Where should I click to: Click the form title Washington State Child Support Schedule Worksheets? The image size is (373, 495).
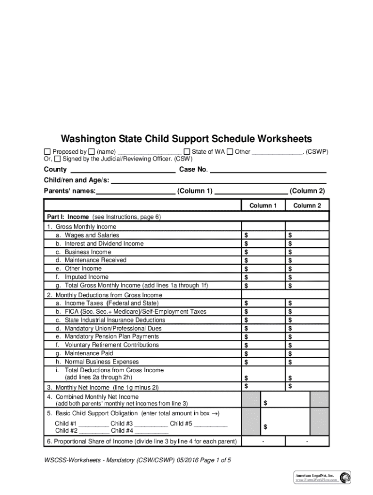click(x=186, y=139)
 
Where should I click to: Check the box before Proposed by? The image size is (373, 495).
click(x=47, y=152)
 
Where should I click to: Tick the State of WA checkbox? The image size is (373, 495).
click(x=186, y=152)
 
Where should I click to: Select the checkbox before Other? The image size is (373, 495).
click(x=230, y=152)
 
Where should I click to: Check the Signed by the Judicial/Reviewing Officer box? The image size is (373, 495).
click(x=58, y=159)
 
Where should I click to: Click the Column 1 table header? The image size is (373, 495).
click(x=263, y=205)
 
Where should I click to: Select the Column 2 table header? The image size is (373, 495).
click(x=307, y=205)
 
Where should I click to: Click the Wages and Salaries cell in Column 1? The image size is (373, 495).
click(x=263, y=235)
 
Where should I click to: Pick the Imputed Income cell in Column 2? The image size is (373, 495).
click(x=307, y=277)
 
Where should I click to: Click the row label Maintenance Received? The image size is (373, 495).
click(x=95, y=260)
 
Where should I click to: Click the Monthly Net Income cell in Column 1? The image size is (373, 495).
click(x=263, y=386)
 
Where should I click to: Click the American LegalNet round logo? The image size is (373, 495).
click(x=345, y=478)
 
